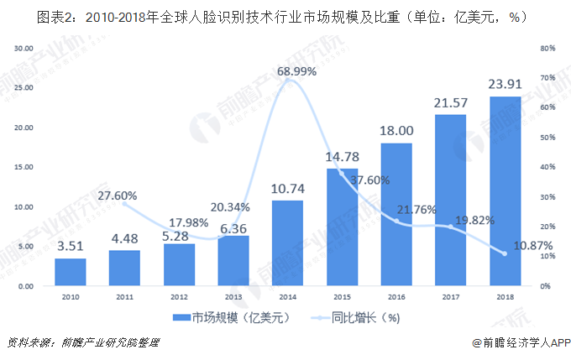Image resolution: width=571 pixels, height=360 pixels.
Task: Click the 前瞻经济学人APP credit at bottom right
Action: coord(522,343)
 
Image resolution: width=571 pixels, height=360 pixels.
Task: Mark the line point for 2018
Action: coord(505,253)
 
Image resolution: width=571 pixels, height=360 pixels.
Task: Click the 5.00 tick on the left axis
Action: coord(25,247)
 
